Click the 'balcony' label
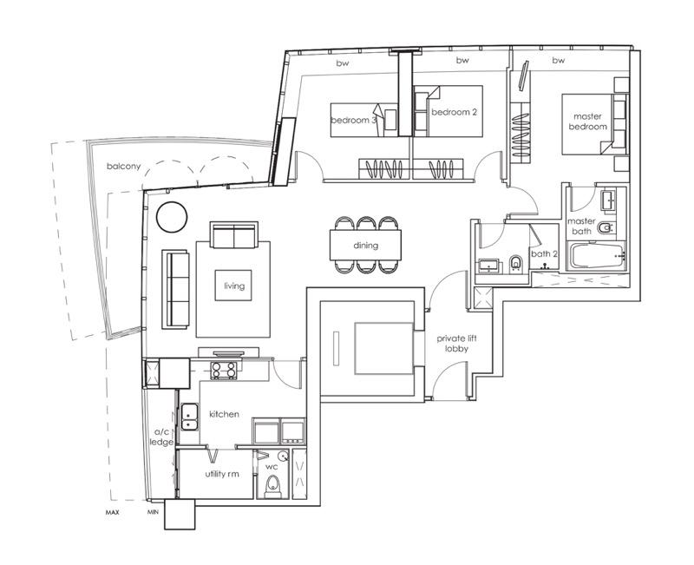click(x=124, y=166)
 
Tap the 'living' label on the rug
click(x=234, y=286)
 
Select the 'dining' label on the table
click(x=365, y=246)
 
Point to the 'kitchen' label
click(x=224, y=414)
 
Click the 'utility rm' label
click(x=222, y=474)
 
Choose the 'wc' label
click(x=271, y=466)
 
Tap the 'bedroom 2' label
click(x=455, y=112)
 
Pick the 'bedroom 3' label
click(x=353, y=120)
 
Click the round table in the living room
click(x=170, y=215)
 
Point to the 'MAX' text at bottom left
click(x=111, y=512)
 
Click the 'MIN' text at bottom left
click(x=153, y=512)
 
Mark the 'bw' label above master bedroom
click(x=558, y=61)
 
